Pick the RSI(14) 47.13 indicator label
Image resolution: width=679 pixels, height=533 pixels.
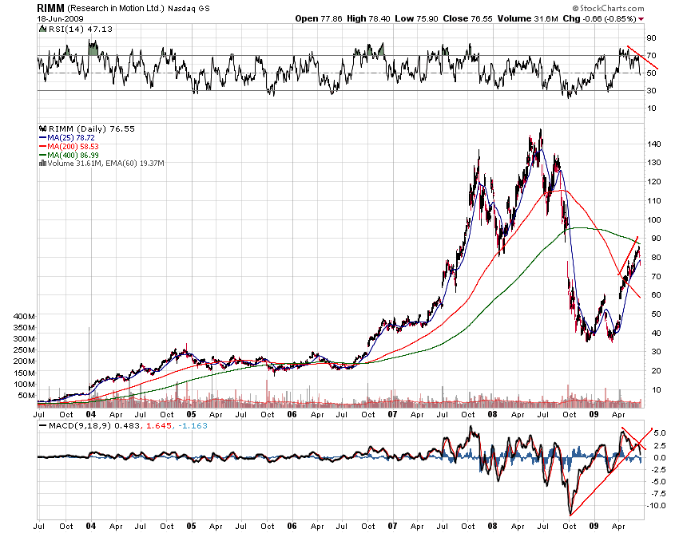[x=67, y=28]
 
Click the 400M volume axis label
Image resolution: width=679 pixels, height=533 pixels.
[x=24, y=316]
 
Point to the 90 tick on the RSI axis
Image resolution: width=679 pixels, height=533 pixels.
[x=651, y=38]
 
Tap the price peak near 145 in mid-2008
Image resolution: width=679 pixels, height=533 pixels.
[x=541, y=131]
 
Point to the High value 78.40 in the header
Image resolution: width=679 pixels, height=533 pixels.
[x=364, y=18]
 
